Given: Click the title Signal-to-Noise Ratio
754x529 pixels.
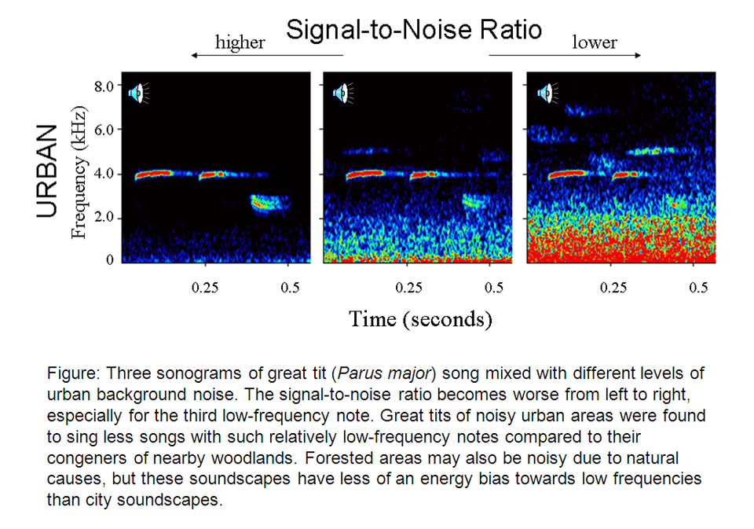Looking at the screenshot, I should (413, 30).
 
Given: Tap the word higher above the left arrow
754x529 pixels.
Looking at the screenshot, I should (240, 42).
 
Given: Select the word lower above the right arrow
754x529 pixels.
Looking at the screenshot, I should (594, 42).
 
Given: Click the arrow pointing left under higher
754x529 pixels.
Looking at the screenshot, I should (268, 56).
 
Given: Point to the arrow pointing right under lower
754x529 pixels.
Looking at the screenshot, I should (565, 56).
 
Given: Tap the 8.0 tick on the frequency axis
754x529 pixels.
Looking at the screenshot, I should (105, 85).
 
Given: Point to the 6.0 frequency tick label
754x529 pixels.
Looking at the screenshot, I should (105, 129).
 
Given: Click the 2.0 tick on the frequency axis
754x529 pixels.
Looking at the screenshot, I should (105, 217).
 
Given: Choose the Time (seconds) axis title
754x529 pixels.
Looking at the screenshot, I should (420, 318).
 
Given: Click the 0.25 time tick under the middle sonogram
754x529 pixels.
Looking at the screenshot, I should (407, 288).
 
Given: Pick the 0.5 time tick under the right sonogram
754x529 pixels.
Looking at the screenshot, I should (698, 288).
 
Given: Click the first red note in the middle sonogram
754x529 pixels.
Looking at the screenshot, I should (364, 174).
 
